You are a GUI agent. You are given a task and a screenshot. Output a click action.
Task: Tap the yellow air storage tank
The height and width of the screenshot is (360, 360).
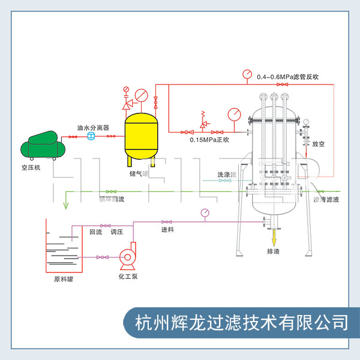tap(140, 135)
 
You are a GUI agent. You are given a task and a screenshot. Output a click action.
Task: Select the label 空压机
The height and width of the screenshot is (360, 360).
tap(29, 167)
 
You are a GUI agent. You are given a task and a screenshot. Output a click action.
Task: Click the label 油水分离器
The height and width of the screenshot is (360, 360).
tap(92, 128)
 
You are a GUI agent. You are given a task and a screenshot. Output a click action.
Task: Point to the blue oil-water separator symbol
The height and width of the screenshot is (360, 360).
tap(91, 137)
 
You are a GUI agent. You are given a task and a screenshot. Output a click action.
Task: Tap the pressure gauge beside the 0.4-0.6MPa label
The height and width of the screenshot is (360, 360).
tap(247, 74)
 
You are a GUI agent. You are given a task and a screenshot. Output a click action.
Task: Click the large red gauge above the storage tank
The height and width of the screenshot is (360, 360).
tap(142, 95)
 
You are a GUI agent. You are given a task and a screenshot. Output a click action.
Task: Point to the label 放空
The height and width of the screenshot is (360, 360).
tap(319, 144)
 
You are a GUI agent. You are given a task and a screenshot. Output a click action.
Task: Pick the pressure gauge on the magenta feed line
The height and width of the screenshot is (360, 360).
tap(205, 212)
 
